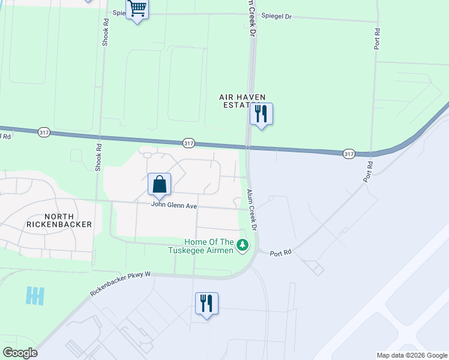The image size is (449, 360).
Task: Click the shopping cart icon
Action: tap(137, 10)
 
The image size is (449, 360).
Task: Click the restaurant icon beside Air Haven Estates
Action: tap(261, 113)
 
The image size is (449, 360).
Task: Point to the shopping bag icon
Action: tap(159, 184)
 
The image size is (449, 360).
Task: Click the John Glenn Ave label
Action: tap(174, 205)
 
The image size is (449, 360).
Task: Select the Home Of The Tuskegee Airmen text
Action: tap(200, 246)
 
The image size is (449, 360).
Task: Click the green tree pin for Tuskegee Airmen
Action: tap(243, 245)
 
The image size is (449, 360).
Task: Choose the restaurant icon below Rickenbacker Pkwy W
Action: tap(206, 304)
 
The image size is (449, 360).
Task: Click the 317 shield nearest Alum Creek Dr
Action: tap(188, 143)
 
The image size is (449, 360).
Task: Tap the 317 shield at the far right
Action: tap(349, 154)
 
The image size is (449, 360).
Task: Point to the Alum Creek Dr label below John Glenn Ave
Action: tap(252, 211)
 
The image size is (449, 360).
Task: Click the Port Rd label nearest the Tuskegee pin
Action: tap(280, 253)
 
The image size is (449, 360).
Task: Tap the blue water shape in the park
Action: tap(35, 295)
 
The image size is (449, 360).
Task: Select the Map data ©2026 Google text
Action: tap(412, 355)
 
